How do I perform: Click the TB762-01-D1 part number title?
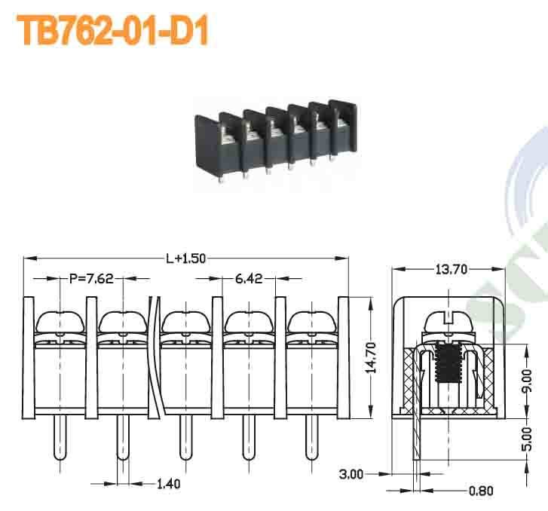pos(112,31)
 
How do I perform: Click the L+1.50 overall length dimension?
pos(185,259)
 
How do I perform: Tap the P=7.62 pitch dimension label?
pos(91,279)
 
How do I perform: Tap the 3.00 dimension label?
pos(351,474)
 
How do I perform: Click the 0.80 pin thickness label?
pos(481,491)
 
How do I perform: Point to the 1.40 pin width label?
pos(168,483)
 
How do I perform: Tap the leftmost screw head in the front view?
pos(60,323)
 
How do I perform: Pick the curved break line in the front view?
pos(156,354)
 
